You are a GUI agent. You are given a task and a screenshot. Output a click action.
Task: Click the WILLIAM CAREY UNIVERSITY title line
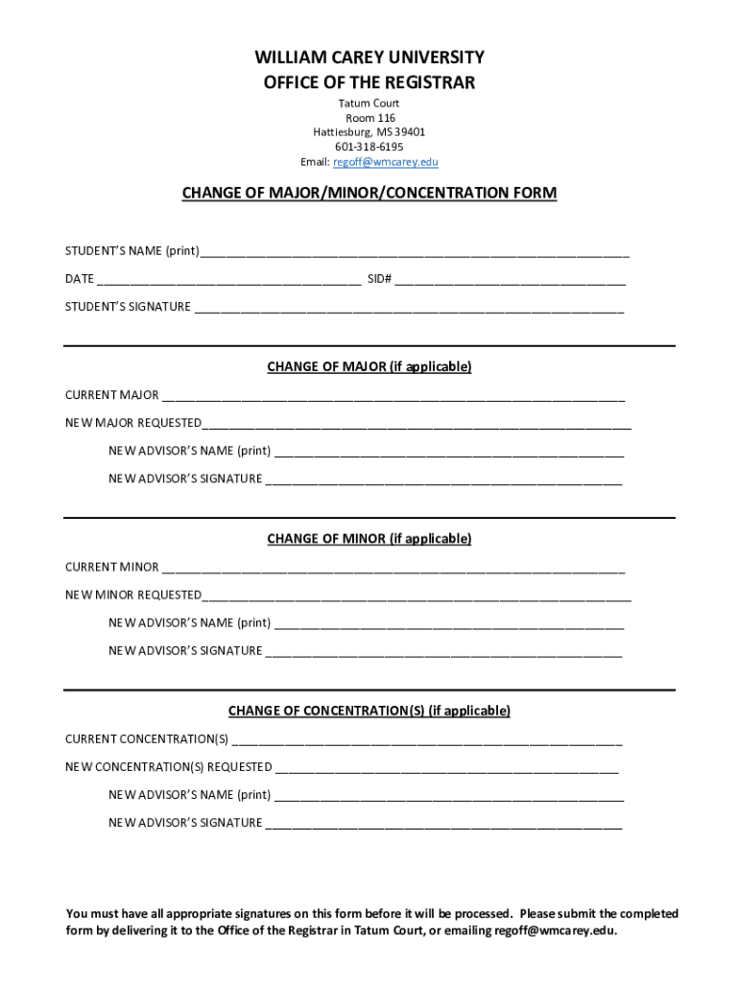(369, 58)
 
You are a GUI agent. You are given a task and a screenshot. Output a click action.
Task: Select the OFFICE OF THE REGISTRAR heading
(369, 83)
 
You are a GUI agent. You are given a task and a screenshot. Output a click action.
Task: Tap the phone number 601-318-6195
(369, 147)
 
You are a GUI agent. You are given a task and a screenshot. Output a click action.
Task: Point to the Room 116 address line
(369, 118)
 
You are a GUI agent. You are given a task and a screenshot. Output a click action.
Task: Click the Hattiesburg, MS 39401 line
(369, 132)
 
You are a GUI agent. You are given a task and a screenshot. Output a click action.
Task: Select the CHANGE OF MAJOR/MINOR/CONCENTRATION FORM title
(369, 194)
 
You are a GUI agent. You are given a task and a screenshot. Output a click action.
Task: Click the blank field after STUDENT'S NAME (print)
(415, 252)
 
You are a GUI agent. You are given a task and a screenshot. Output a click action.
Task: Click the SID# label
(378, 279)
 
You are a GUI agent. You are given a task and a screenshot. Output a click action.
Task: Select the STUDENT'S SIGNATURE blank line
(409, 308)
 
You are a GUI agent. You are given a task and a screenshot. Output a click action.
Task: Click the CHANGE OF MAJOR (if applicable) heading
(369, 366)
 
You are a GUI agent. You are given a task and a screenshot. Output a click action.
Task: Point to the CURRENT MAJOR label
(111, 395)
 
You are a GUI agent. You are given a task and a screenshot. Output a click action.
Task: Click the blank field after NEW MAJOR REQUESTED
(417, 424)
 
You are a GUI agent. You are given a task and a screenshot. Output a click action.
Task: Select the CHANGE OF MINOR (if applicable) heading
(369, 539)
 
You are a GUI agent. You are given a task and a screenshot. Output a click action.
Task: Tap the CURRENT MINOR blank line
(393, 568)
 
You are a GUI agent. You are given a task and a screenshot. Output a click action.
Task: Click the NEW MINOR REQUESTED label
(133, 596)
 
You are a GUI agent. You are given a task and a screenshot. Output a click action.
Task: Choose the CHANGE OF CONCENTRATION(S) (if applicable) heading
(369, 711)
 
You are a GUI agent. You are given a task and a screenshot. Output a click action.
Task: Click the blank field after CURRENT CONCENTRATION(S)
(427, 739)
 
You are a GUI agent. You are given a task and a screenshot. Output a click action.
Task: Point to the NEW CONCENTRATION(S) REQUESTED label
(169, 767)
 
